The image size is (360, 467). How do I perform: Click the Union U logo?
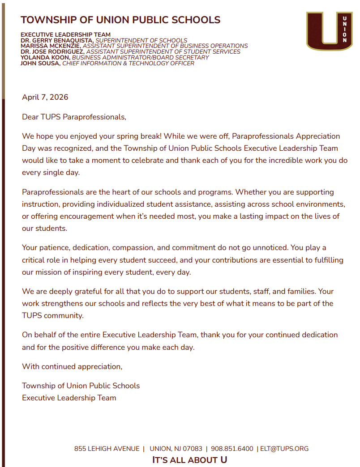point(329,30)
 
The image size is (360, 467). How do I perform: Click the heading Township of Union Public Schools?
point(120,20)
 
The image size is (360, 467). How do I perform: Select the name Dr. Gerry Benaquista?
point(57,40)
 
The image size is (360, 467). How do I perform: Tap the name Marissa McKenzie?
point(51,46)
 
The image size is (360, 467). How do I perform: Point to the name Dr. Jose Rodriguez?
point(52,52)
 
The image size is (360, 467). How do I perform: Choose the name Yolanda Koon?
point(45,58)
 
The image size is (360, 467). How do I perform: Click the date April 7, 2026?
point(45,97)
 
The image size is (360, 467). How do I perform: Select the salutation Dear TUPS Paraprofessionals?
point(74,117)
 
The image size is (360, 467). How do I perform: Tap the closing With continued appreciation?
point(72,366)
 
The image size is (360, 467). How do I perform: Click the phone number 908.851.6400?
point(232,449)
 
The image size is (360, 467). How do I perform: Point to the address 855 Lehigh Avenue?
point(107,449)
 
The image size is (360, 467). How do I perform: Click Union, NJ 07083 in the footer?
point(176,449)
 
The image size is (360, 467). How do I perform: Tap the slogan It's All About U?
point(190,460)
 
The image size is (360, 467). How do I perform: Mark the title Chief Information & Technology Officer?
point(128,64)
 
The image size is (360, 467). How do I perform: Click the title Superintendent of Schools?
point(141,40)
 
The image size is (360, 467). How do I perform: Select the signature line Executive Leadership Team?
point(69,398)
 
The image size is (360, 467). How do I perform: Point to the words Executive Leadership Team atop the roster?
point(65,34)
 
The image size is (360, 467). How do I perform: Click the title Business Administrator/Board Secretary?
point(140,58)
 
